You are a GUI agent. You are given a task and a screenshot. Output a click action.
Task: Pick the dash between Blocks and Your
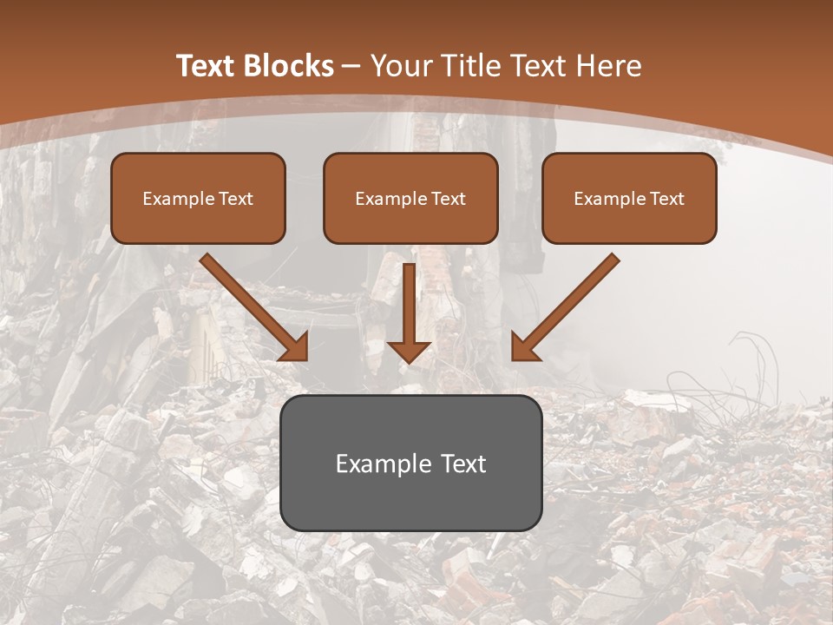click(351, 67)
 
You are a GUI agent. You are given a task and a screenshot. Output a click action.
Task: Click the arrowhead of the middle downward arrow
click(410, 351)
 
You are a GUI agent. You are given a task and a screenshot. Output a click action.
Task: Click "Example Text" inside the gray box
click(410, 464)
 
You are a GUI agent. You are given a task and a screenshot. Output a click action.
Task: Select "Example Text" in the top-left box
click(198, 199)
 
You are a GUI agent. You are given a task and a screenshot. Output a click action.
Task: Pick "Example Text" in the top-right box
click(629, 199)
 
